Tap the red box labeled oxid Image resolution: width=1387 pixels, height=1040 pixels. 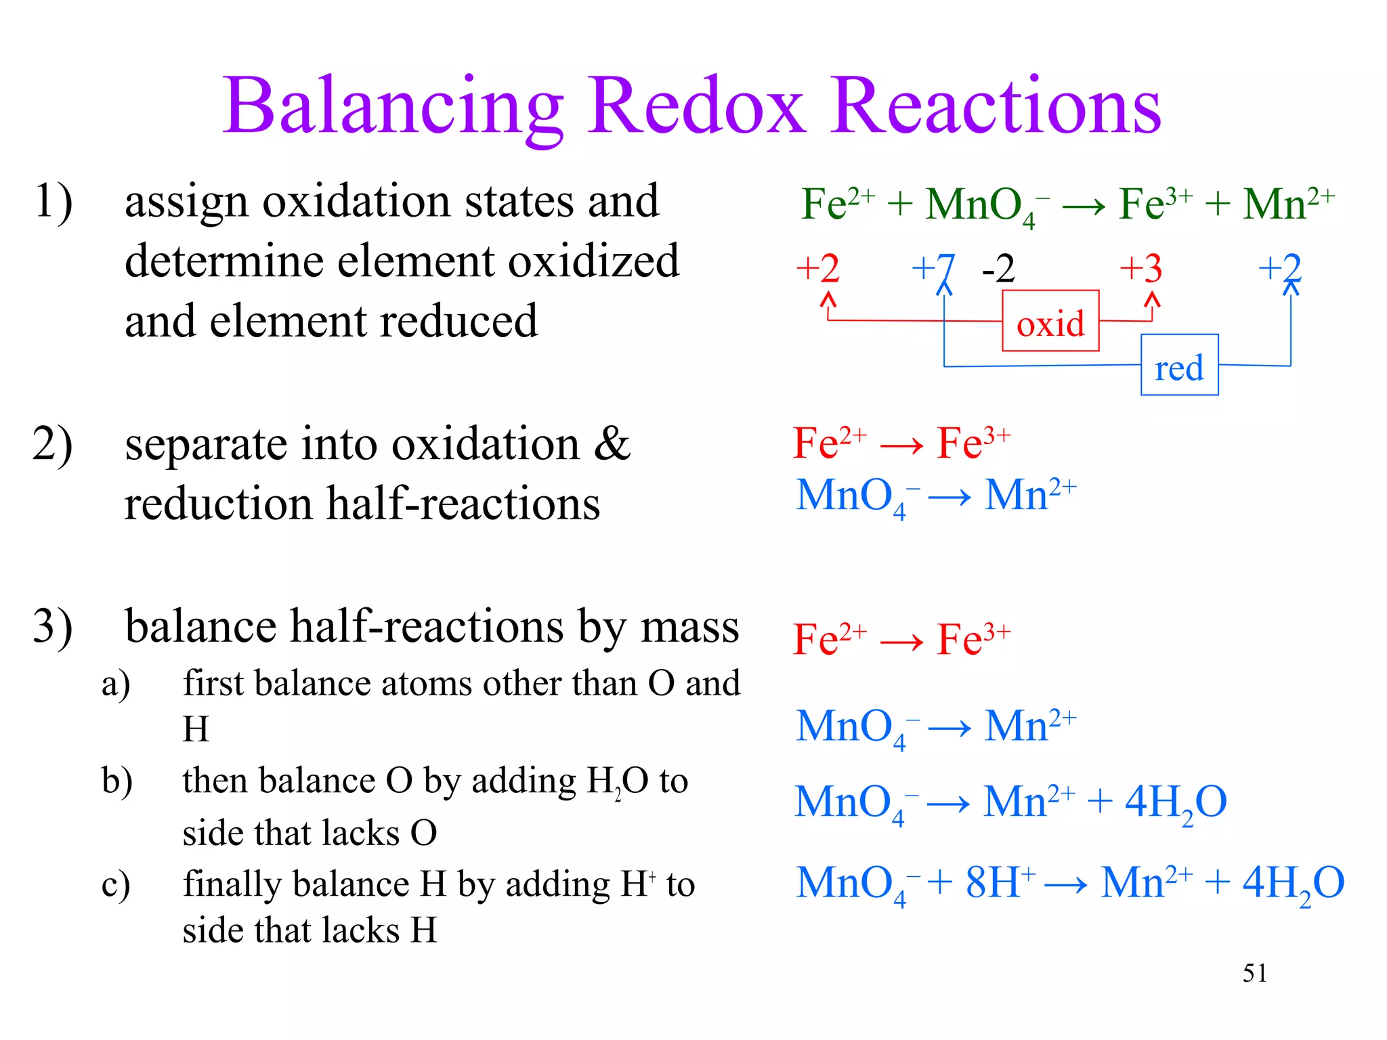(1050, 322)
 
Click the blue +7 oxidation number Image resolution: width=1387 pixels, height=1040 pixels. (933, 269)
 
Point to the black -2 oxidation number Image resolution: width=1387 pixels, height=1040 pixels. (998, 269)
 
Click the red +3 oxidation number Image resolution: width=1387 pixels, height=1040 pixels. (1141, 269)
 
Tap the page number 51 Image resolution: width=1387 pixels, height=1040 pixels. (1254, 974)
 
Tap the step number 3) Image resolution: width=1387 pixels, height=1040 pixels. (53, 626)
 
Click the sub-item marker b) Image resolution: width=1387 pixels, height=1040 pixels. (117, 781)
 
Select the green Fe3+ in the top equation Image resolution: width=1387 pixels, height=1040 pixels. (1155, 202)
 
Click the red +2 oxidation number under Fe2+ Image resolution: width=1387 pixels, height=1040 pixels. (818, 269)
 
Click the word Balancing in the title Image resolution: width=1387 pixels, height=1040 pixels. (393, 107)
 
